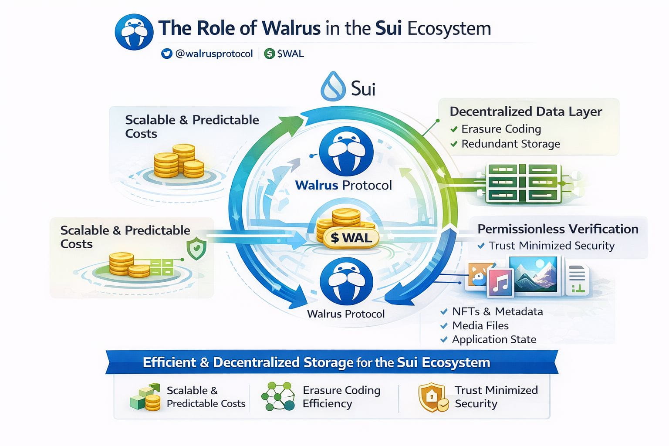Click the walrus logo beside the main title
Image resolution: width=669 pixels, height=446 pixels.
pos(134,32)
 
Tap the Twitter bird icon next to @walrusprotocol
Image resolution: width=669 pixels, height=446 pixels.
pos(167,54)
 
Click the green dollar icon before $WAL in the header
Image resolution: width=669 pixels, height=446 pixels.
pos(270,54)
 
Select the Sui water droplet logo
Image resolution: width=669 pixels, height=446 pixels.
pos(333,86)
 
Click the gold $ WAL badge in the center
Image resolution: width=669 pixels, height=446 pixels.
pos(351,238)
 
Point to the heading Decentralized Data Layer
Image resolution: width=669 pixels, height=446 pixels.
pos(526,111)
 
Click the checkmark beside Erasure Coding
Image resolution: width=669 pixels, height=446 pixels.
pos(454,129)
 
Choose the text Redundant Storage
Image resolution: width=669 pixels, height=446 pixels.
pos(511,144)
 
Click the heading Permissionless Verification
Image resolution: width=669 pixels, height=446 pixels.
pos(558,229)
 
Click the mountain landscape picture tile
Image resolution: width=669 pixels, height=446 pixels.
pos(533,274)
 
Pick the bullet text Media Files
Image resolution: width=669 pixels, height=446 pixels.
pos(480,325)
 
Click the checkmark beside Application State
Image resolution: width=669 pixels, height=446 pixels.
pos(444,339)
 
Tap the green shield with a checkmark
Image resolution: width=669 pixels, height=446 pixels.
pos(196,249)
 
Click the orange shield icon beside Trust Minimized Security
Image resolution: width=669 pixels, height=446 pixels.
pos(432,398)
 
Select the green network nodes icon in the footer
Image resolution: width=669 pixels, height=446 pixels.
pos(278,396)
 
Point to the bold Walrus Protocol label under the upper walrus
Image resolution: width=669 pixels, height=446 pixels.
pos(344,185)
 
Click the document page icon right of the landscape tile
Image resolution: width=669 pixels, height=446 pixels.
pos(577,280)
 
